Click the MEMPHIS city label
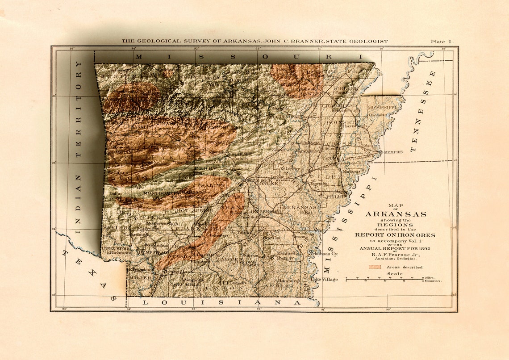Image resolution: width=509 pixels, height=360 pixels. [x=393, y=152]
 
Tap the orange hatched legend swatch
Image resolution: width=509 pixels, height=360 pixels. [x=375, y=267]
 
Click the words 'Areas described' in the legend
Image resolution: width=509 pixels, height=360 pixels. [x=405, y=267]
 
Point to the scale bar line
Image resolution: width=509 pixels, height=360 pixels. [x=384, y=279]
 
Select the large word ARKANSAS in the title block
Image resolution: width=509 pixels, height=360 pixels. [x=396, y=214]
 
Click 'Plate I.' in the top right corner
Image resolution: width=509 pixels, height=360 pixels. [x=442, y=42]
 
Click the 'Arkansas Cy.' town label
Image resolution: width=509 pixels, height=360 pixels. [x=325, y=253]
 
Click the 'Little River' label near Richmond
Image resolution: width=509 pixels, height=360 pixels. [x=111, y=248]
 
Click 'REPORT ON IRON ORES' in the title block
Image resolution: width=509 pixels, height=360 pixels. [x=395, y=235]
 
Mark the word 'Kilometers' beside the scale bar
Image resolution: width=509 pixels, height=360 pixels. [x=433, y=281]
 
